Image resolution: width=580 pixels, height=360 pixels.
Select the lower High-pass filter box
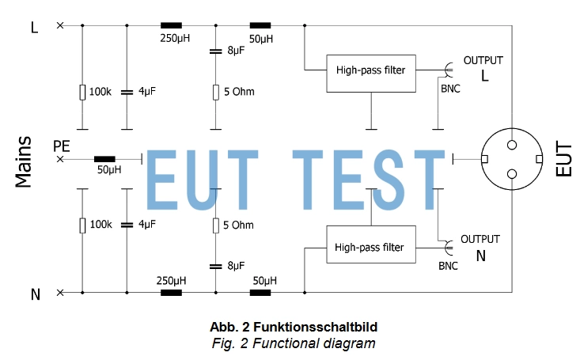click(370, 247)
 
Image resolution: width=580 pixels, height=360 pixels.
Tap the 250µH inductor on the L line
click(171, 26)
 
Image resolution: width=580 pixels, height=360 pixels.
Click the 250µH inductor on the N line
click(171, 292)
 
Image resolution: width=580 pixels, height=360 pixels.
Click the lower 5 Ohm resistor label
click(238, 225)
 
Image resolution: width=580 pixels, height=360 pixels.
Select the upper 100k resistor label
click(100, 92)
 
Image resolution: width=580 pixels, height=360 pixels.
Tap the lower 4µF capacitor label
click(147, 225)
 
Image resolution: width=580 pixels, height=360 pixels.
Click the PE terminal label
click(61, 146)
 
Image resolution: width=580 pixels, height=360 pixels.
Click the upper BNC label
click(449, 88)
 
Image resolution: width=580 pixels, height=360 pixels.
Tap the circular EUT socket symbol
click(512, 159)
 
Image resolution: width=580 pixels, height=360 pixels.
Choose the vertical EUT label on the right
click(564, 159)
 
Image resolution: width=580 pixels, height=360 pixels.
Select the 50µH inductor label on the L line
click(261, 39)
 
